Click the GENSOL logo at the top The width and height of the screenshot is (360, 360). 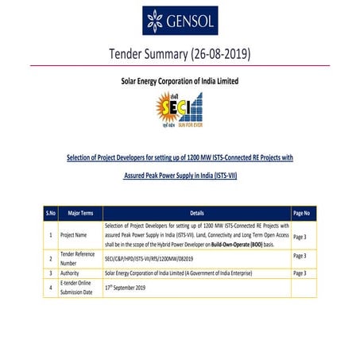click(180, 21)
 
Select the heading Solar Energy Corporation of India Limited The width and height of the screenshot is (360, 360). click(179, 81)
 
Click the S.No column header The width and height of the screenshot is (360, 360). click(50, 213)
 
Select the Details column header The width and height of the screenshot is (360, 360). click(197, 213)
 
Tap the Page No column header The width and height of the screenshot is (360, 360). click(301, 213)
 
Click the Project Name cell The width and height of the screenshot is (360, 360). click(78, 236)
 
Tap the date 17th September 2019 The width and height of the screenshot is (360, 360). click(126, 286)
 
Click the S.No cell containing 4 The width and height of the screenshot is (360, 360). click(50, 286)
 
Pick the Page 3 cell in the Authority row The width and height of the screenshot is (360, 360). click(300, 273)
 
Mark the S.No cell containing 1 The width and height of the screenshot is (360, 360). click(50, 236)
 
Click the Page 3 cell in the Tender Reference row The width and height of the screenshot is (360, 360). click(300, 256)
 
